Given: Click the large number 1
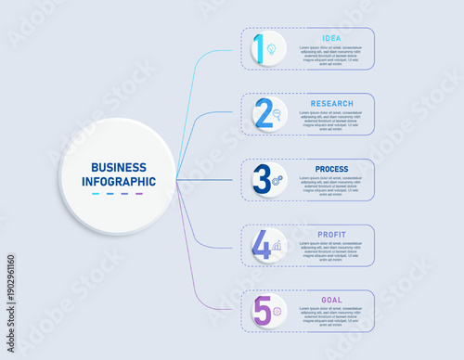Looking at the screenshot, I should tap(261, 48).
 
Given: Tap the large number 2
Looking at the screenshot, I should tap(263, 113).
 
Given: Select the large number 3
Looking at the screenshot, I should tap(263, 179).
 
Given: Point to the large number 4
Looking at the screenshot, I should tap(263, 245).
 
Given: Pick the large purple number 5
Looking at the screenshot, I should tap(263, 311).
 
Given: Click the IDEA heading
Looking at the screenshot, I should tap(331, 38).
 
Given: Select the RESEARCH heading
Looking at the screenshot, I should tap(331, 103).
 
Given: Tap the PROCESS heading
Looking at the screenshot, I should tap(331, 169).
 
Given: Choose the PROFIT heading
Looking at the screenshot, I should tap(331, 235).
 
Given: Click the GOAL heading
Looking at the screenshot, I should tap(331, 301).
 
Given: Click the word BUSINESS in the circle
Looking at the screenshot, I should tap(118, 166).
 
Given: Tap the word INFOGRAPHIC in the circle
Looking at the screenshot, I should tap(118, 182).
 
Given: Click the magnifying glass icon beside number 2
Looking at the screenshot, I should tap(277, 114).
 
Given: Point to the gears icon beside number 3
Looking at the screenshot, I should tap(277, 179).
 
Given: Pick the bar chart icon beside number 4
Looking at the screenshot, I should tap(277, 246).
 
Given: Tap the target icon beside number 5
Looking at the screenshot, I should tap(277, 311).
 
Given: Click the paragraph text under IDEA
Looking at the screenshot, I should tap(331, 55).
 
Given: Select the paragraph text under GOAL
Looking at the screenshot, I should tap(331, 317).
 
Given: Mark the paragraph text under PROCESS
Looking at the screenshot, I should tap(331, 186).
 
